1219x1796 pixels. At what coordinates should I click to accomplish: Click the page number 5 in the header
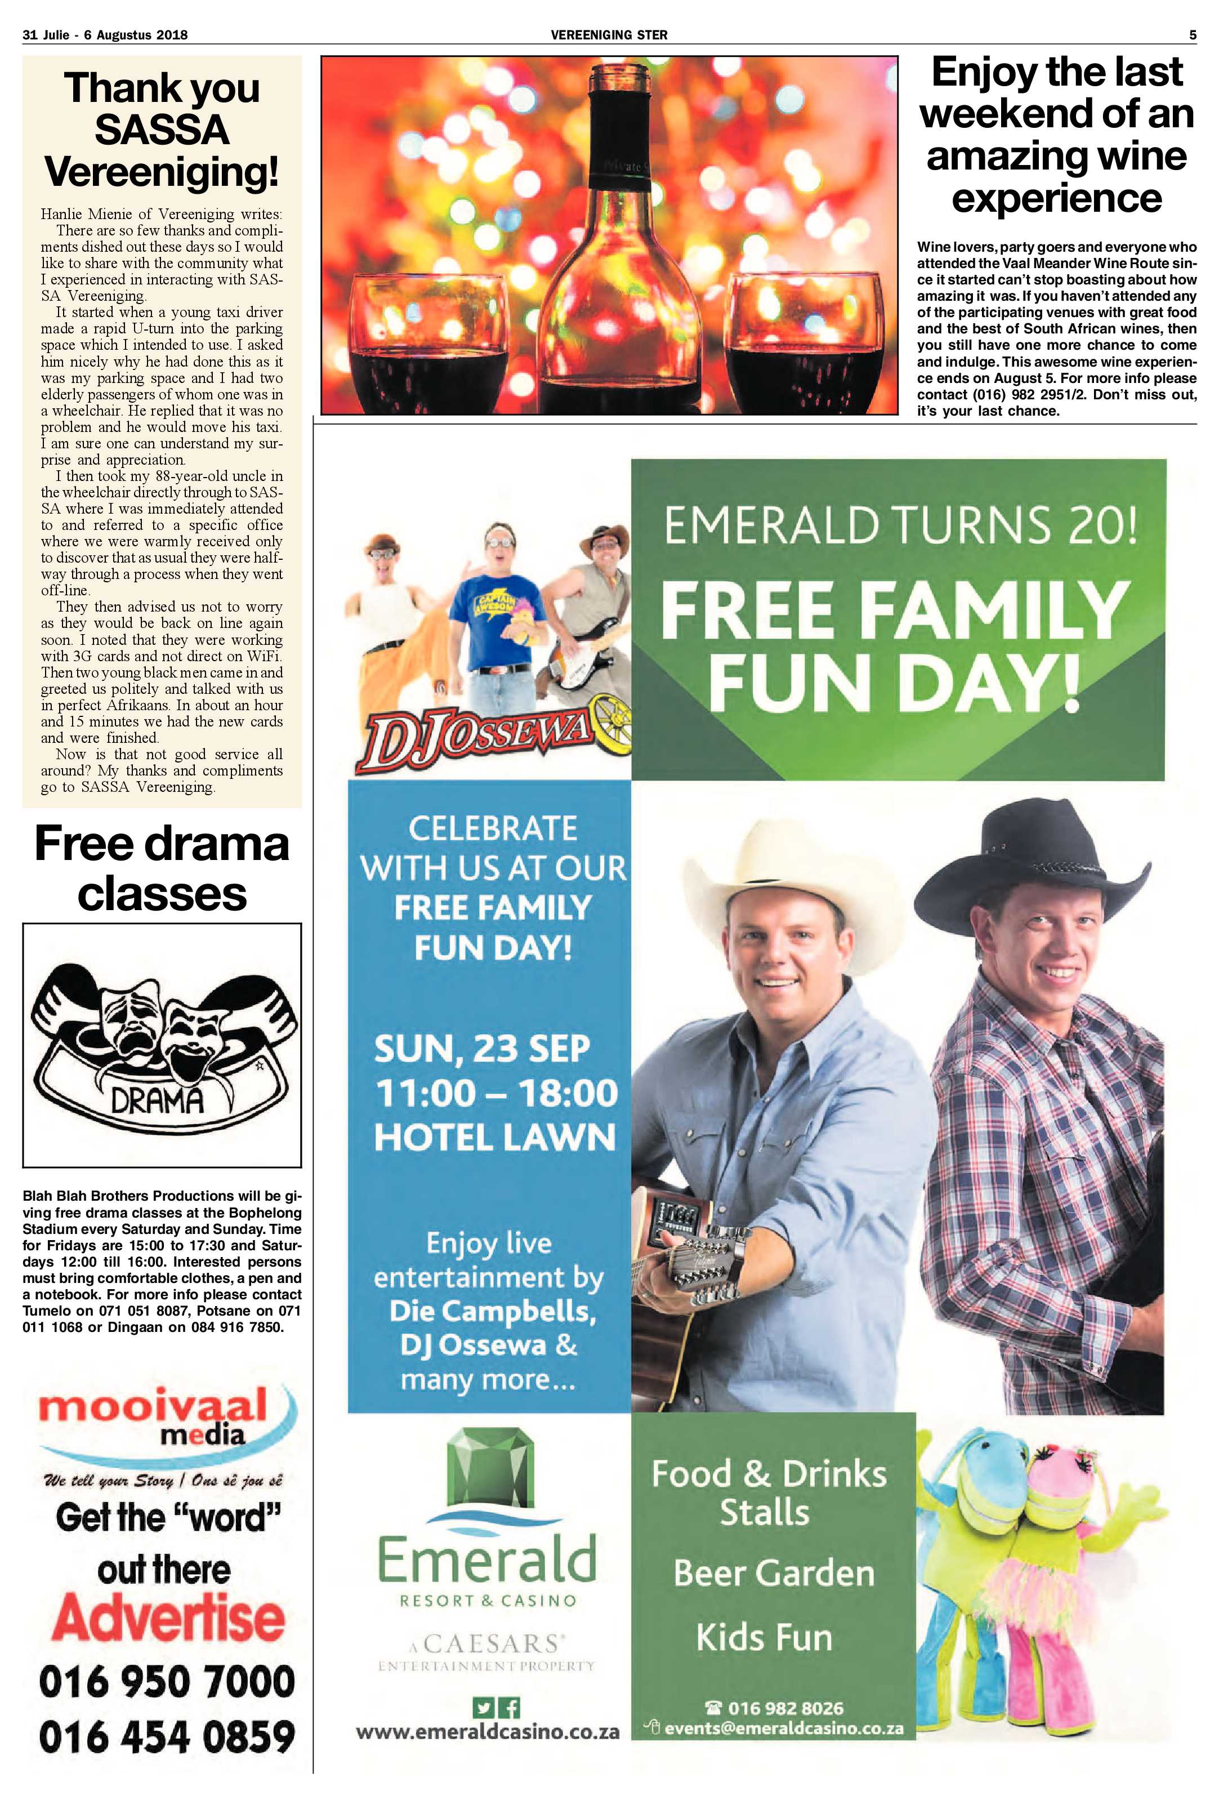pos(1193,35)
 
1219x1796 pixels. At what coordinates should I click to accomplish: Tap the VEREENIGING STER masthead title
pos(609,35)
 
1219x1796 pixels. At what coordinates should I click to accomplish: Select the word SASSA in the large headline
pos(162,130)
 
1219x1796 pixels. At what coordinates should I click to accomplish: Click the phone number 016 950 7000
pos(167,1682)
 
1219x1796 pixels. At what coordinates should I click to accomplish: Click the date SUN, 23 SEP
pos(482,1049)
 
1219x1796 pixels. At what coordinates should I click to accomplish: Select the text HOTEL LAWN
pos(494,1138)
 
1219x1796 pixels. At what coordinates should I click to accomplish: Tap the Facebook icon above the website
pos(511,1706)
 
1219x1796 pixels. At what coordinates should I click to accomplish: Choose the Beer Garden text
pos(773,1572)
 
